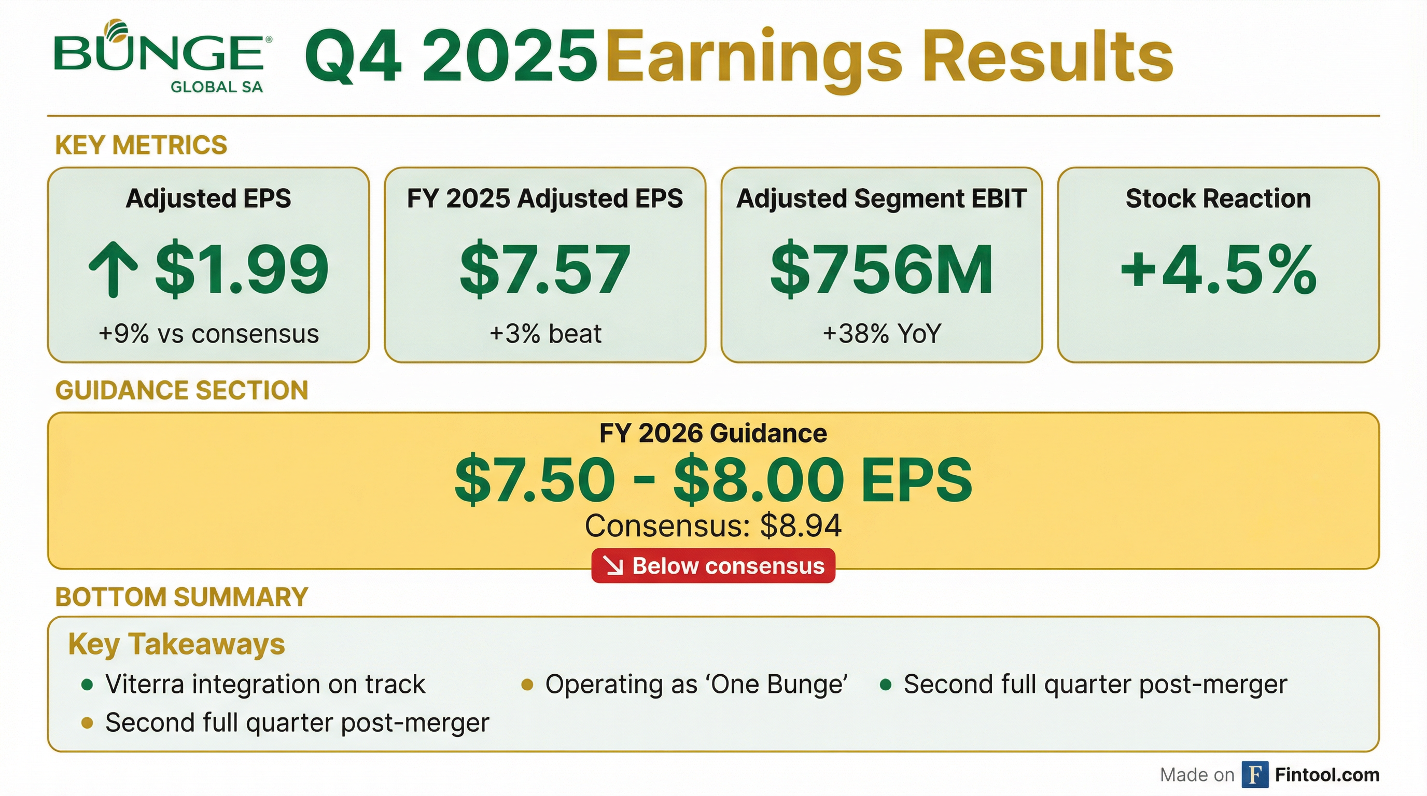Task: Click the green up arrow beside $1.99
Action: [x=113, y=269]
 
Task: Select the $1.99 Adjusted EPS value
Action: [x=242, y=269]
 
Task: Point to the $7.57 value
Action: [x=545, y=269]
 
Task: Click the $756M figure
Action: [x=882, y=269]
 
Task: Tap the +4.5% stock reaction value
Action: [x=1218, y=269]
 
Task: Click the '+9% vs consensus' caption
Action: [x=209, y=334]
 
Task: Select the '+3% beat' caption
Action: [x=545, y=334]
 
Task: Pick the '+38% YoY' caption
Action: [x=882, y=334]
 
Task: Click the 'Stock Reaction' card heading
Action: [x=1218, y=198]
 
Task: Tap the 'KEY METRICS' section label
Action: [x=141, y=145]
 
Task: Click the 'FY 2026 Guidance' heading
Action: [x=713, y=433]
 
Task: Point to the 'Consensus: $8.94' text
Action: [x=713, y=525]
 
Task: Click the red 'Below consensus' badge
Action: [x=713, y=566]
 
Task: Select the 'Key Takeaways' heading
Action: [x=176, y=644]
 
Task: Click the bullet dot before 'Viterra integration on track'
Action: [x=87, y=685]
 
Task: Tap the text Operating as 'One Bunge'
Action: [x=696, y=685]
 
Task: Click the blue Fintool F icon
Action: [x=1255, y=774]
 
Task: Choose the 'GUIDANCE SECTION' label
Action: [x=181, y=390]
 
